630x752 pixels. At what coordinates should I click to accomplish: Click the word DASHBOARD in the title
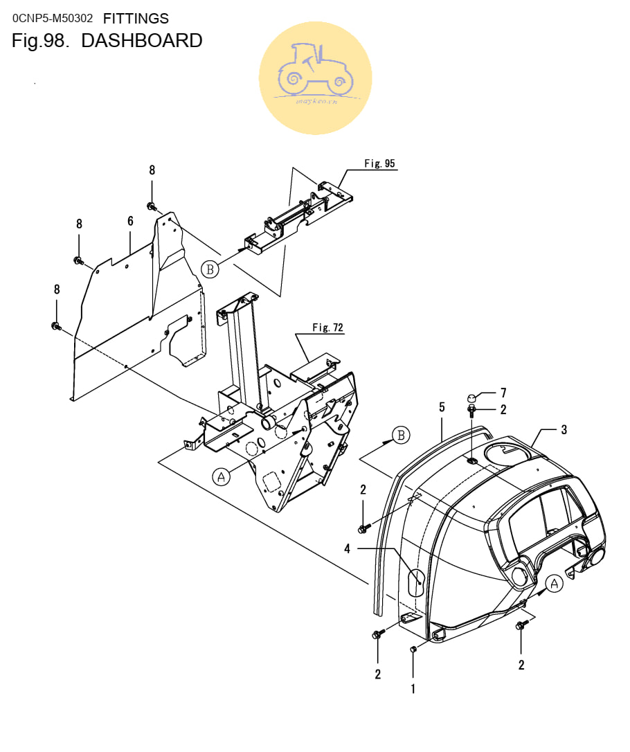(142, 41)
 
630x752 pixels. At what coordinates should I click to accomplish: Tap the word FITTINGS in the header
(136, 19)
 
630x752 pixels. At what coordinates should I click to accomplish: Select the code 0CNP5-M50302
(52, 19)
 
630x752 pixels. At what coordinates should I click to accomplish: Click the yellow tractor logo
(316, 78)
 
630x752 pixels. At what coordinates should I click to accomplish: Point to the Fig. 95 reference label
(379, 163)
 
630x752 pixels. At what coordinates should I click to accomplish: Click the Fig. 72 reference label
(328, 328)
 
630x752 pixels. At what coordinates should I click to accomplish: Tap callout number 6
(130, 221)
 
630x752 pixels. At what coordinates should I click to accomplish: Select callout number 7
(503, 393)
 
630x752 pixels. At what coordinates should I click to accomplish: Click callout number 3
(564, 430)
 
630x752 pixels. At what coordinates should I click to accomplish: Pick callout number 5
(442, 407)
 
